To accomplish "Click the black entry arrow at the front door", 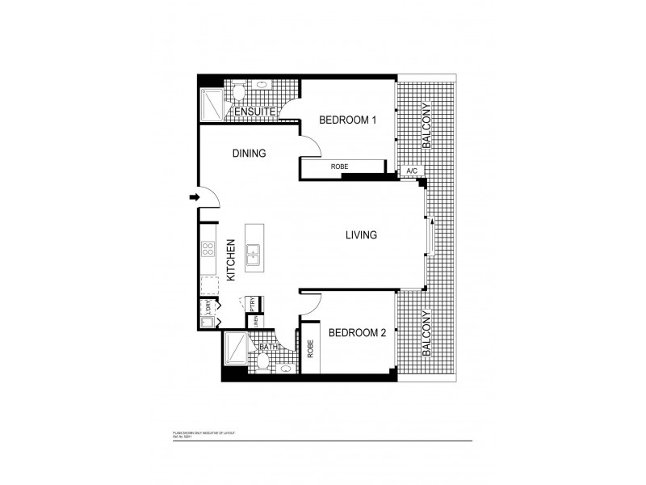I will click(x=194, y=196).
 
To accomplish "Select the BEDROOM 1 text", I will click(x=348, y=120).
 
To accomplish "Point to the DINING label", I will click(x=249, y=153).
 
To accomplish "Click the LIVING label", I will click(x=362, y=235).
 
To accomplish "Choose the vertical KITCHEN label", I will click(x=230, y=259).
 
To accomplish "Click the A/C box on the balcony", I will click(x=411, y=171).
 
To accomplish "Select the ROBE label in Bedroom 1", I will click(x=339, y=167).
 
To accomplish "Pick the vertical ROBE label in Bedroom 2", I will click(x=310, y=348).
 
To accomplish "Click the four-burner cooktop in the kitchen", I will click(x=208, y=250).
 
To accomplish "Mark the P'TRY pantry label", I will click(x=253, y=304).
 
